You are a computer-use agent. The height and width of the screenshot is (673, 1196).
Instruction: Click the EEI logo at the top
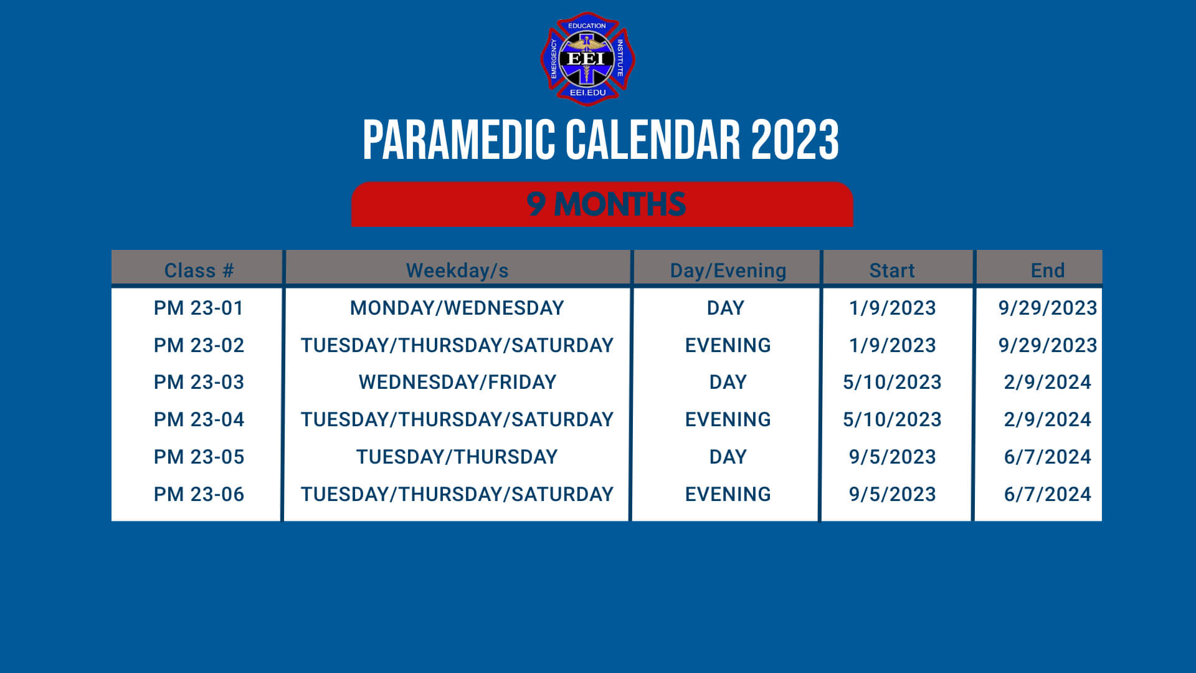coord(587,59)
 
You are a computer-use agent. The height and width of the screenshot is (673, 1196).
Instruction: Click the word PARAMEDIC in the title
coord(458,140)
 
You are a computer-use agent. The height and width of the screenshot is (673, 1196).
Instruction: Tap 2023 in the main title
coord(795,140)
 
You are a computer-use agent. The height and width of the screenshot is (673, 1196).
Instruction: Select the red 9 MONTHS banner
coord(602,204)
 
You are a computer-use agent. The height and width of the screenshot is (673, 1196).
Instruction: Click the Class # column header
coord(198,270)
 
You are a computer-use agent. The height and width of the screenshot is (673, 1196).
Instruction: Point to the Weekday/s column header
coord(457,270)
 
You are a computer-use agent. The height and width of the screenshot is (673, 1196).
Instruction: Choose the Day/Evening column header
coord(728,270)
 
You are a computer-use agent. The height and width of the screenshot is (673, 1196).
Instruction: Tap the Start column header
coord(892,270)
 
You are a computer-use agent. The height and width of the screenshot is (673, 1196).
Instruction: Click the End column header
coord(1047,270)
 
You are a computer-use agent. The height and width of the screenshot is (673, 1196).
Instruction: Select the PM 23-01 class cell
coord(198,308)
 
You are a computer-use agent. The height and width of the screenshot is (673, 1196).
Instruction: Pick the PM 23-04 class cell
coord(198,419)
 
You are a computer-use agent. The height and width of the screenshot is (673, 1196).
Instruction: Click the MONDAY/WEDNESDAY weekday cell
coord(457,308)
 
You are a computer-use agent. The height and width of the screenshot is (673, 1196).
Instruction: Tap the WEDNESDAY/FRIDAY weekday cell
coord(457,382)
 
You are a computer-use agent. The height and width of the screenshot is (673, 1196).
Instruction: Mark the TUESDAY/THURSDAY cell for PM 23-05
coord(457,457)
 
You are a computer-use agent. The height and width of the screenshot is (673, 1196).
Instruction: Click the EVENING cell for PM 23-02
coord(728,345)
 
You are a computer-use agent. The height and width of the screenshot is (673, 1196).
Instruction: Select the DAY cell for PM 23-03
coord(728,382)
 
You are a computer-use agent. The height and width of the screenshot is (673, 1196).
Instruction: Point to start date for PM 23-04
coord(892,419)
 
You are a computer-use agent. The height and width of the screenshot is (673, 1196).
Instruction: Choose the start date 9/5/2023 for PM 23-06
coord(892,494)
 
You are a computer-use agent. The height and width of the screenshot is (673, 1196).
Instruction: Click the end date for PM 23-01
coord(1047,308)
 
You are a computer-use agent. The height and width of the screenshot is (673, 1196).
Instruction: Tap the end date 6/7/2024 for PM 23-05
coord(1047,457)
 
